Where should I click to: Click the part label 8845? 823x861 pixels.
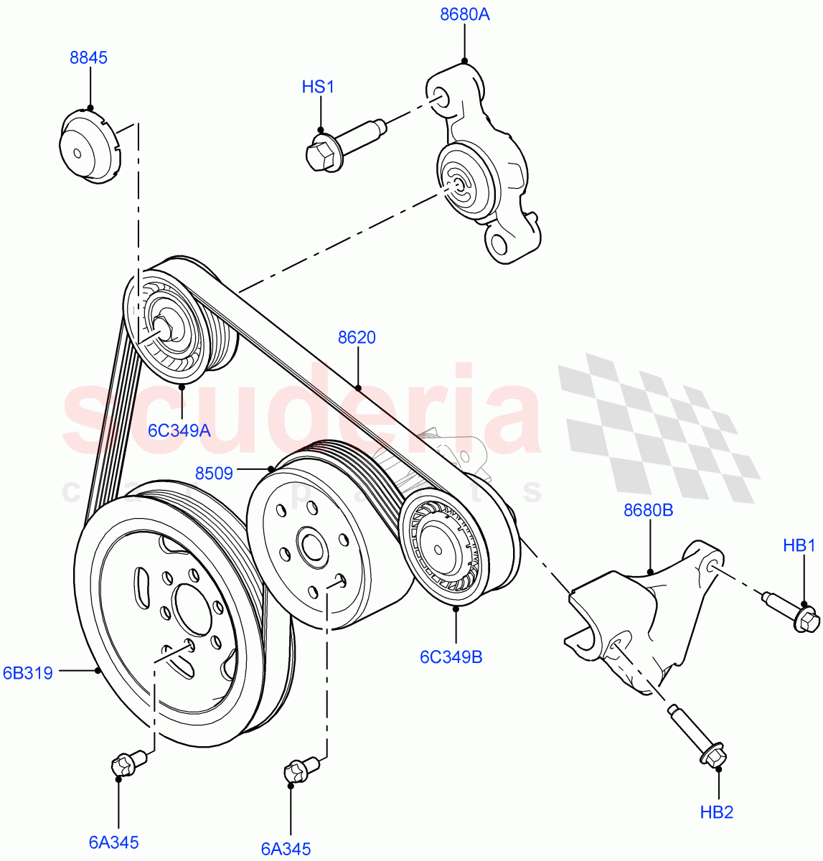coord(88,58)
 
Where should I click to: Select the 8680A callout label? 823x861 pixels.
coord(464,14)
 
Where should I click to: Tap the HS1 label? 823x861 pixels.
coord(318,88)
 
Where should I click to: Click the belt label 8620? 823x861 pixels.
coord(357,337)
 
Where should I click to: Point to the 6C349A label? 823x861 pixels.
coord(179,430)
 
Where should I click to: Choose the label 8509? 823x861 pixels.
coord(213,473)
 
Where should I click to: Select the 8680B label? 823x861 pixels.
coord(648,510)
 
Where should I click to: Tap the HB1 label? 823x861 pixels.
coord(799,546)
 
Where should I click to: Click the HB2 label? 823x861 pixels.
coord(716,812)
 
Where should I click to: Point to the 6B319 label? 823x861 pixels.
coord(27,673)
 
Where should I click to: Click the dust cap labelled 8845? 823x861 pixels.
coord(88,146)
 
